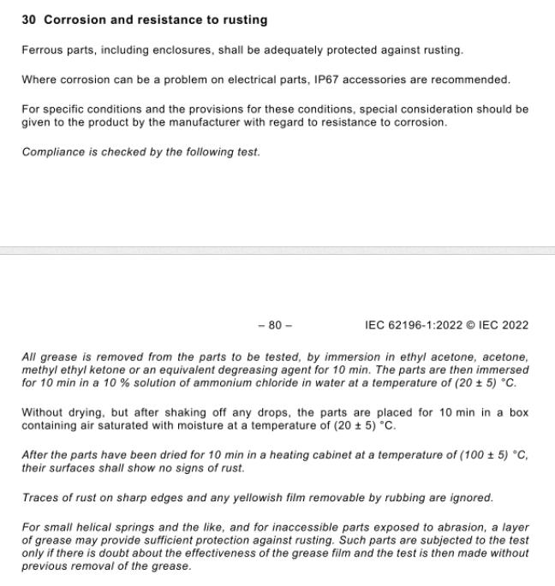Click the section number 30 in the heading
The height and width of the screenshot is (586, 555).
click(28, 19)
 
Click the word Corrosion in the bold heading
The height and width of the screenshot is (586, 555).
click(74, 19)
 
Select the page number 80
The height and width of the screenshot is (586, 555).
click(275, 325)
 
